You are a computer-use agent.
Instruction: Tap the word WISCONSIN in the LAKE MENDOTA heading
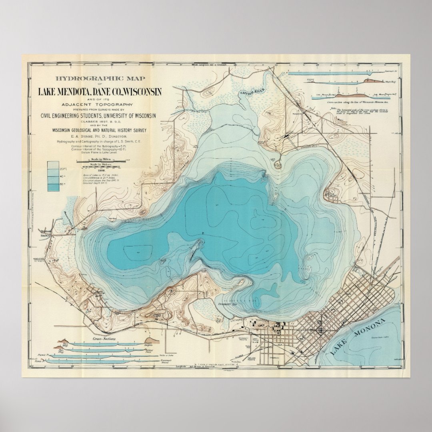pyautogui.click(x=142, y=92)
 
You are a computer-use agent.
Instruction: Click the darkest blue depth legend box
pyautogui.click(x=52, y=186)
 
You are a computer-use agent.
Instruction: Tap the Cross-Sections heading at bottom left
pyautogui.click(x=104, y=339)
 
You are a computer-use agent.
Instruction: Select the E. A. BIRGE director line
pyautogui.click(x=100, y=136)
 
